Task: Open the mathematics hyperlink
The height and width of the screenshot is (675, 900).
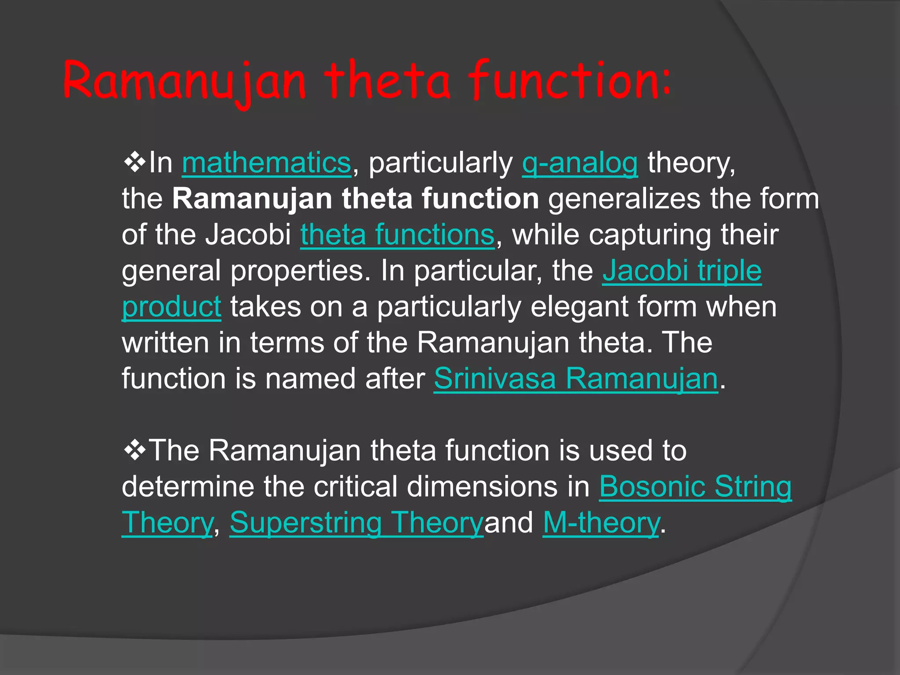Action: pyautogui.click(x=266, y=163)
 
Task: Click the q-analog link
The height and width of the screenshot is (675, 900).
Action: pyautogui.click(x=580, y=163)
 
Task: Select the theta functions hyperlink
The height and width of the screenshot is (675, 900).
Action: pyautogui.click(x=397, y=235)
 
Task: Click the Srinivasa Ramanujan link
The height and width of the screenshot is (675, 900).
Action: pyautogui.click(x=576, y=378)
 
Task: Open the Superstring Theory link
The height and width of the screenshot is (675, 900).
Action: pyautogui.click(x=356, y=523)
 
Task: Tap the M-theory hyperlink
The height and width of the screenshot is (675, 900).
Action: pyautogui.click(x=601, y=523)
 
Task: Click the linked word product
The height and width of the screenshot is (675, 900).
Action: pyautogui.click(x=171, y=307)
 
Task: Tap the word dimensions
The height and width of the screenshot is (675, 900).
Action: pyautogui.click(x=498, y=486)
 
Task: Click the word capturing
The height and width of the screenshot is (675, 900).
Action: pyautogui.click(x=650, y=235)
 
